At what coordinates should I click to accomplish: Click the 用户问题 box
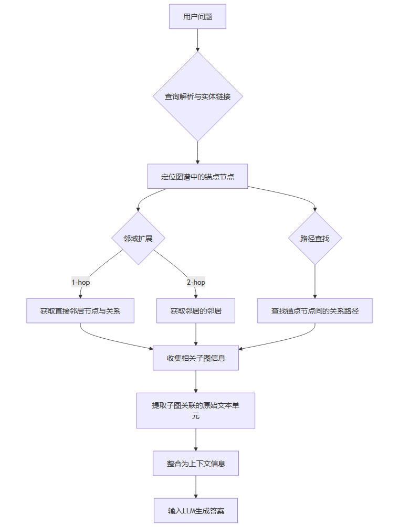coord(197,16)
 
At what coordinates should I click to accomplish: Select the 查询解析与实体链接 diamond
coord(197,96)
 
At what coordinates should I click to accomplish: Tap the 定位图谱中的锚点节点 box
coord(197,177)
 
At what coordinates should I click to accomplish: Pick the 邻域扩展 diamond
coord(139,238)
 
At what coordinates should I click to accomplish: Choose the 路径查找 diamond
coord(315,238)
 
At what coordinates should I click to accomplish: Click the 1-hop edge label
coord(81,282)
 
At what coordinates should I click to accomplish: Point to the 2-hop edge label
coord(196,282)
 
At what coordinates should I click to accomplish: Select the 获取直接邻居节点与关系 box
coord(80,310)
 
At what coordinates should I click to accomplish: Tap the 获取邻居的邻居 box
coord(196,310)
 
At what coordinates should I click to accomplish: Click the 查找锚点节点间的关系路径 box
coord(315,310)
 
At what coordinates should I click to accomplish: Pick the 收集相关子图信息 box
coord(196,358)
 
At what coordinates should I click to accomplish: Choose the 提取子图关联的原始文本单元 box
coord(196,411)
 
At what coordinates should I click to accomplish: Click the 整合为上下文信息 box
coord(196,464)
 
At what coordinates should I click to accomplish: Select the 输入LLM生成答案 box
coord(196,510)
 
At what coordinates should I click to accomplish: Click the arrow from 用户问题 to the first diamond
coord(197,40)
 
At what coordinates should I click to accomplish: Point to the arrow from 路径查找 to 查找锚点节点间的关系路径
coord(315,281)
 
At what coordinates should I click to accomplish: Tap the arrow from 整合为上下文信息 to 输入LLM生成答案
coord(196,487)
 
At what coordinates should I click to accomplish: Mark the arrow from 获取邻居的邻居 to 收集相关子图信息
coord(196,334)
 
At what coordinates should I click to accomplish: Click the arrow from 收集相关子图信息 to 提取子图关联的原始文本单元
coord(196,382)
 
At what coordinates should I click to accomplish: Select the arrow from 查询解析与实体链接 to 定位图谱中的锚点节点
coord(197,153)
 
